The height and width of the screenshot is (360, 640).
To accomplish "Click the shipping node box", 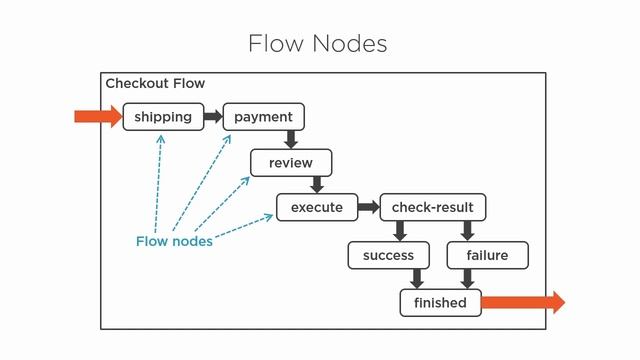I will (163, 117).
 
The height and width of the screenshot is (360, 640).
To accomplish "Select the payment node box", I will (263, 117).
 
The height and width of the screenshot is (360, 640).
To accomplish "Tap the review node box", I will (291, 162).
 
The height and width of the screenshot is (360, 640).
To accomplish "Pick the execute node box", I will (316, 208).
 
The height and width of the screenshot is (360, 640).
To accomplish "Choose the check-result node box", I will (432, 208).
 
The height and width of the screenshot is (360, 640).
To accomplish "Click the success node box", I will (388, 255).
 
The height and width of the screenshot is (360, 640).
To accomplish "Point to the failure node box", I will (487, 255).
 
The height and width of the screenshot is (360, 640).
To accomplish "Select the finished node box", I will (440, 302).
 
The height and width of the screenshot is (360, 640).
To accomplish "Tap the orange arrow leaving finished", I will (522, 302).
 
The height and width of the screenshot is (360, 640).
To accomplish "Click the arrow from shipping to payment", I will (213, 117).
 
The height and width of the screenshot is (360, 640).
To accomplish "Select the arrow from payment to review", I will (291, 140).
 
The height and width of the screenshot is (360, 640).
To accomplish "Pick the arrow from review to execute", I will (317, 185).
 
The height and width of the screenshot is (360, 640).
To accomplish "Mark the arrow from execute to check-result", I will (368, 208).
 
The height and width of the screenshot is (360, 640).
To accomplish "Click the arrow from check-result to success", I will (400, 231).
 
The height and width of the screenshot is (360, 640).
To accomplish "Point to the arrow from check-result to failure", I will (467, 231).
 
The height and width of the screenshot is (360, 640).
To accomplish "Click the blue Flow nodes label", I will (174, 241).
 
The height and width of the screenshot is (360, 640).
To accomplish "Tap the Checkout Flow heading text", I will (155, 84).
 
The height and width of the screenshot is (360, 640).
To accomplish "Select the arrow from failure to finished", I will (467, 279).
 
